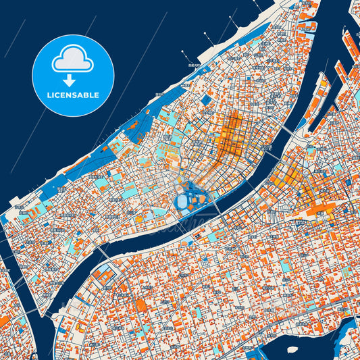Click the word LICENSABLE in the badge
pyautogui.click(x=73, y=95)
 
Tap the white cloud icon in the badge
pyautogui.click(x=72, y=59)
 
